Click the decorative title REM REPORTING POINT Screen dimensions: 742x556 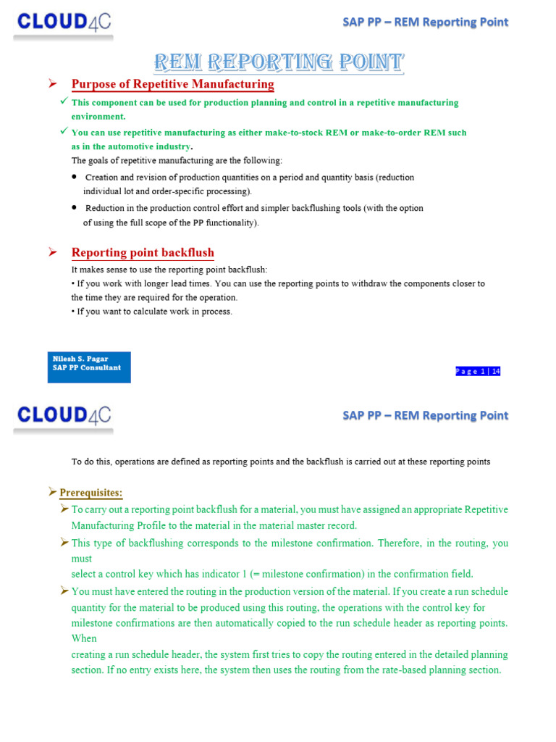[x=279, y=62]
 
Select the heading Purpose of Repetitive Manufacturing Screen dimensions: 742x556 [x=172, y=84]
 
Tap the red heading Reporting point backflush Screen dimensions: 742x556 [x=143, y=252]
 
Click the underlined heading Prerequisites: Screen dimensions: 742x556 [x=90, y=493]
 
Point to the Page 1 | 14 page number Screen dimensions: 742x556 [x=478, y=371]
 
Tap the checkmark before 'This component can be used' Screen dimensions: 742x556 [x=64, y=102]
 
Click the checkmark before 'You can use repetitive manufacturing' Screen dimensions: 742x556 [x=64, y=132]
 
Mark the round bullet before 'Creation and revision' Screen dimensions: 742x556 [x=75, y=177]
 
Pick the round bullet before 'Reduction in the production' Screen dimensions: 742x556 [x=75, y=207]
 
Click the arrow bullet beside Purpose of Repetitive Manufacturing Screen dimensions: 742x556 [x=52, y=84]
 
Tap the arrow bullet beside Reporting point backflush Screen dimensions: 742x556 [x=52, y=252]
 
